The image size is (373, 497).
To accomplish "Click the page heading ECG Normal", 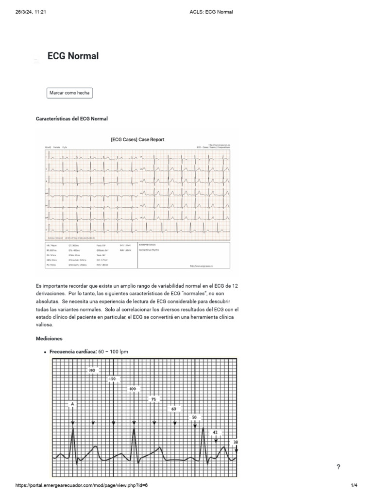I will click(73, 56).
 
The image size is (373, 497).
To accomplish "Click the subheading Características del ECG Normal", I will click(72, 118).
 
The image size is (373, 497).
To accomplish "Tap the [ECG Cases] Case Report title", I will click(137, 140).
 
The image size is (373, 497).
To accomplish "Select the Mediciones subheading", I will click(49, 338).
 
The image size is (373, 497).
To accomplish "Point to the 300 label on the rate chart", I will click(92, 370).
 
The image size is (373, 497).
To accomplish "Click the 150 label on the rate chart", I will click(113, 379).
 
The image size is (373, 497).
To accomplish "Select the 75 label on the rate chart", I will click(153, 399).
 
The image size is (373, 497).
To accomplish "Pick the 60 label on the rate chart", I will click(174, 409).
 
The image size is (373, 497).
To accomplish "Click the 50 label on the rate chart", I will click(195, 417).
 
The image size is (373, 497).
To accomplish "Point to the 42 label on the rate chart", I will click(215, 432).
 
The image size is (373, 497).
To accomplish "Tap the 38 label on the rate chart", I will click(236, 442).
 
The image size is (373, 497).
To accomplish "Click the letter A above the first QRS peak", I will click(72, 403).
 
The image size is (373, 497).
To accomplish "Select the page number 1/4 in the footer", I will click(354, 485).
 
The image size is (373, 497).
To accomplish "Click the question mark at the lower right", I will click(338, 467).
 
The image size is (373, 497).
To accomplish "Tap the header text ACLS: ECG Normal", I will click(211, 12).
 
